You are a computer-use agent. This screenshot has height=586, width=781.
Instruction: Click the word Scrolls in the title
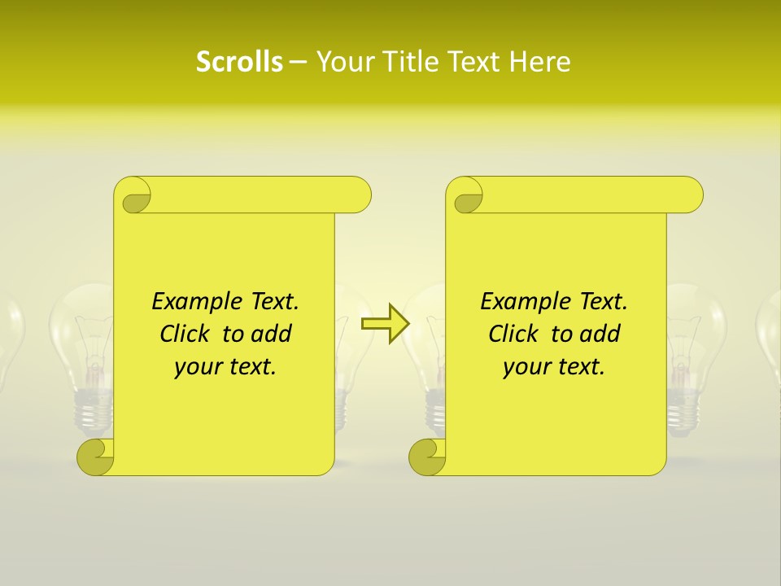239,62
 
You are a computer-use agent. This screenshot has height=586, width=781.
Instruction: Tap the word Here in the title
540,62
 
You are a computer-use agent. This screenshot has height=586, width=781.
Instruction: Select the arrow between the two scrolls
385,323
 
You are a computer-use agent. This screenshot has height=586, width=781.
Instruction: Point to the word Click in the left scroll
185,334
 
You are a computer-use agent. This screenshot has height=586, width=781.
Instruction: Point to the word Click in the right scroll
514,334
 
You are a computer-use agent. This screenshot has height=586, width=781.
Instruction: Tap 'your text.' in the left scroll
225,367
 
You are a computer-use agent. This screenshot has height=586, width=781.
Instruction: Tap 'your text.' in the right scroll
553,367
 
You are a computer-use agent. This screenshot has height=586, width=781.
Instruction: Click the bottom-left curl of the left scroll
94,456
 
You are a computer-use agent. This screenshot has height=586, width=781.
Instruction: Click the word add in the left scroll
272,334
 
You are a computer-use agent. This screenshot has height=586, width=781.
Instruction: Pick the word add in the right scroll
600,334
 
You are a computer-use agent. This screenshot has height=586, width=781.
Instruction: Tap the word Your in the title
343,62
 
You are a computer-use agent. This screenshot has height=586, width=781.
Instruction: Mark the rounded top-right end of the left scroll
358,195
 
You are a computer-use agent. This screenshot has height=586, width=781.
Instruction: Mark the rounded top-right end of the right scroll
690,195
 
